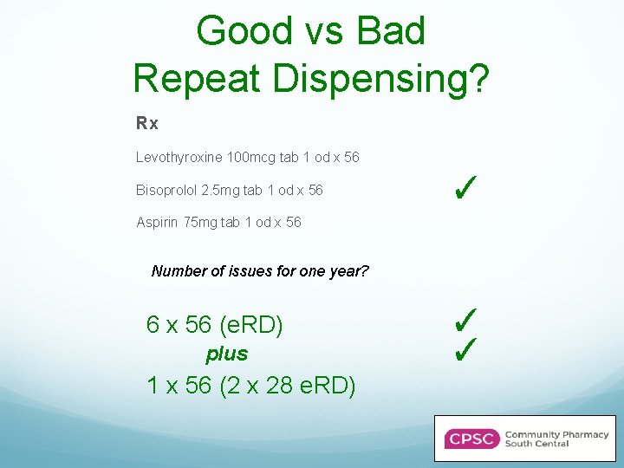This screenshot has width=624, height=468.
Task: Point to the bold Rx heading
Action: point(147,123)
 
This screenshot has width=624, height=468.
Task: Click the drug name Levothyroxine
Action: point(179,158)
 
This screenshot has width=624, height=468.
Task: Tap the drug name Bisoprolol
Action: point(166,190)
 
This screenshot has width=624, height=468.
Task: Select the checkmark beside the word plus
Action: point(465,350)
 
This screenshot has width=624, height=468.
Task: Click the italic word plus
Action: point(227,354)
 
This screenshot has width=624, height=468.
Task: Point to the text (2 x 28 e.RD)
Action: point(286,385)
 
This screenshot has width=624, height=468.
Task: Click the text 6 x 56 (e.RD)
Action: point(215,325)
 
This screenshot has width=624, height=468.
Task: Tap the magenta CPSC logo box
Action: point(471,439)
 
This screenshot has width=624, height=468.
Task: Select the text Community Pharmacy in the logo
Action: point(556,434)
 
